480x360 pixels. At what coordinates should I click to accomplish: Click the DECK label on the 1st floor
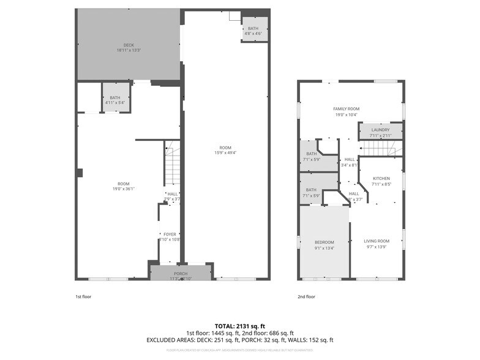coord(129,45)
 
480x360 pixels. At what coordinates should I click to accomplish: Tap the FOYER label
coord(170,234)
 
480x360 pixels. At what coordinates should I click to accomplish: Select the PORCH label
coord(181,274)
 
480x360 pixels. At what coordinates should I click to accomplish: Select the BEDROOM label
coord(324,242)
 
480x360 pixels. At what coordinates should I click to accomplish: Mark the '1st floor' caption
coord(84,297)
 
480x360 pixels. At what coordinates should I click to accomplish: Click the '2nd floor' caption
coord(307,297)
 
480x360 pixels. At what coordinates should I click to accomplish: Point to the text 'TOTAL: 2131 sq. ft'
coord(239,326)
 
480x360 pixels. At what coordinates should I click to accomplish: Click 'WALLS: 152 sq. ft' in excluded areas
coord(311,340)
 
